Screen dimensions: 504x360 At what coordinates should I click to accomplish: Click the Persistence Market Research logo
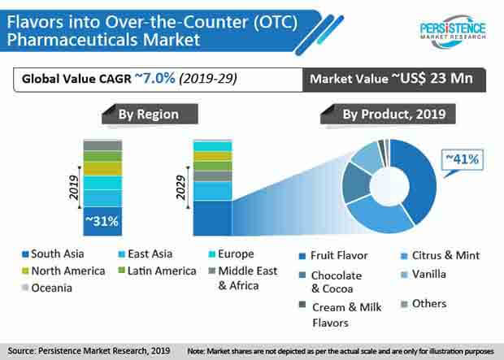pos(453,32)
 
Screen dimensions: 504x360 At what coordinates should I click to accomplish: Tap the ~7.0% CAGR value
pos(155,78)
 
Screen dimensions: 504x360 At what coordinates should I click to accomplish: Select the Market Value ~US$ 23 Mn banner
pos(394,80)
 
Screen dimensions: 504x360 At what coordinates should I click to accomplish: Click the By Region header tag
pos(150,114)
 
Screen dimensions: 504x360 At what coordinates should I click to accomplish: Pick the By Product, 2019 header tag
pos(388,114)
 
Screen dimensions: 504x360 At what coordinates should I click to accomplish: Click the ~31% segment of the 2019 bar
pos(102,222)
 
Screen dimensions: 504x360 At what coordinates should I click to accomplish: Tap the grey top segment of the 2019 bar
pos(102,145)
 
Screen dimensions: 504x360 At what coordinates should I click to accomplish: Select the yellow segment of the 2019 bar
pos(102,168)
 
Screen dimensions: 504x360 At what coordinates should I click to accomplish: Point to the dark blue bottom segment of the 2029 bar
pos(212,219)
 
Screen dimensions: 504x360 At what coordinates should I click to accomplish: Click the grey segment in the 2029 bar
pos(212,176)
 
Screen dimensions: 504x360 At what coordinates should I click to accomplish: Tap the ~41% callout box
pos(463,160)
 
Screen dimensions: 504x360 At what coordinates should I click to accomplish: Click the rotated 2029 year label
pos(181,188)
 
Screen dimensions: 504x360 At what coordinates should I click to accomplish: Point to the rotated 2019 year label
pos(74,188)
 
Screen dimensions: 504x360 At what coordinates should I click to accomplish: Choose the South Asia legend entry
pos(53,254)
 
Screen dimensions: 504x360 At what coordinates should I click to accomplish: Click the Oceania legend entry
pos(47,288)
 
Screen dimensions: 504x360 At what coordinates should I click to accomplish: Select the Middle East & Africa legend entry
pos(243,278)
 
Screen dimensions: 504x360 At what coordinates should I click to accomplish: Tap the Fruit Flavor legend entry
pos(333,255)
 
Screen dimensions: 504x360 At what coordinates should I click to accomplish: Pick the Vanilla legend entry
pos(424,274)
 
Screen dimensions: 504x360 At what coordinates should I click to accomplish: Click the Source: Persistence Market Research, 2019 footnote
pos(89,351)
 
